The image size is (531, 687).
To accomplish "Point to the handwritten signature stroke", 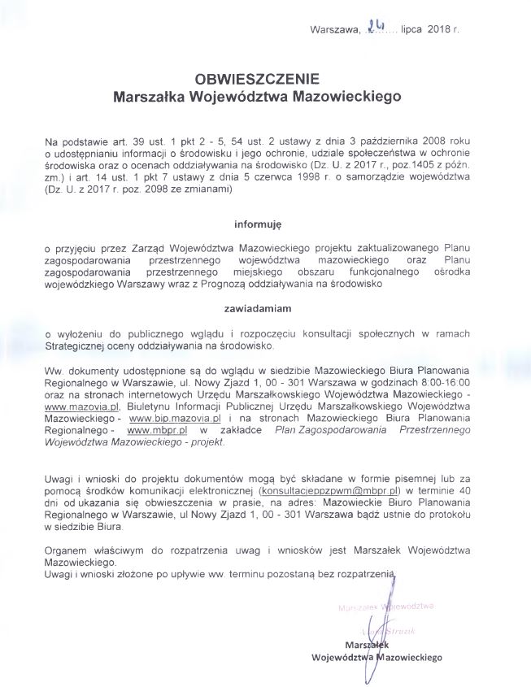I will (376, 642).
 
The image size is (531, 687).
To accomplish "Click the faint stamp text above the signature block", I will (384, 607).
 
